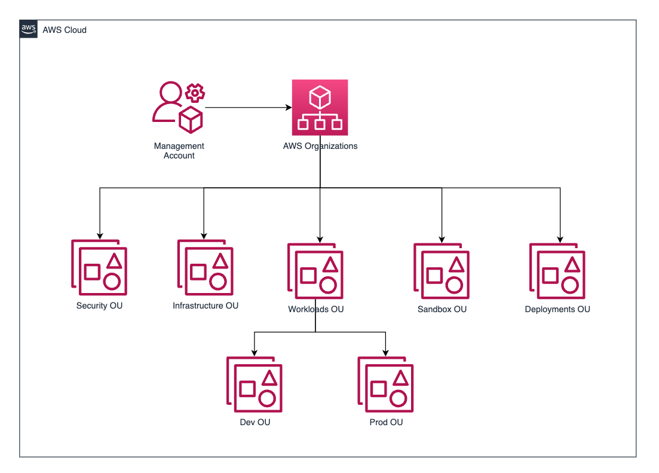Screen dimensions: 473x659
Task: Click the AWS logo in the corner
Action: coord(28,29)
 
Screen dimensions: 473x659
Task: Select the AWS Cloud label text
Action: coord(65,30)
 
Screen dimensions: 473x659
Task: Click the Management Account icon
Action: coord(177,108)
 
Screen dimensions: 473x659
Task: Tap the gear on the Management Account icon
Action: coord(195,92)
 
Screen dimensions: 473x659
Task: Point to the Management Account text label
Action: coord(179,151)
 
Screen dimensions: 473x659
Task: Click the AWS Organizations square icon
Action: coord(320,108)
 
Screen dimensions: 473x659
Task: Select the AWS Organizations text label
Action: coord(320,146)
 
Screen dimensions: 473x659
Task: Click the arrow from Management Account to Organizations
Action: coord(247,108)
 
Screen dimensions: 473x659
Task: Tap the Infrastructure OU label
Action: coord(206,306)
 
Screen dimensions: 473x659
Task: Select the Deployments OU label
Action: coord(557,309)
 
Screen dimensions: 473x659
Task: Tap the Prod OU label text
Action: coord(386,422)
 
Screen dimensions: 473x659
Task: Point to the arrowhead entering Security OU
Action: coord(99,235)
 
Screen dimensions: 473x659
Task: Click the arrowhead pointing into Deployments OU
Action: coord(560,239)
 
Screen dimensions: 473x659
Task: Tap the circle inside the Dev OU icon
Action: coord(266,398)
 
